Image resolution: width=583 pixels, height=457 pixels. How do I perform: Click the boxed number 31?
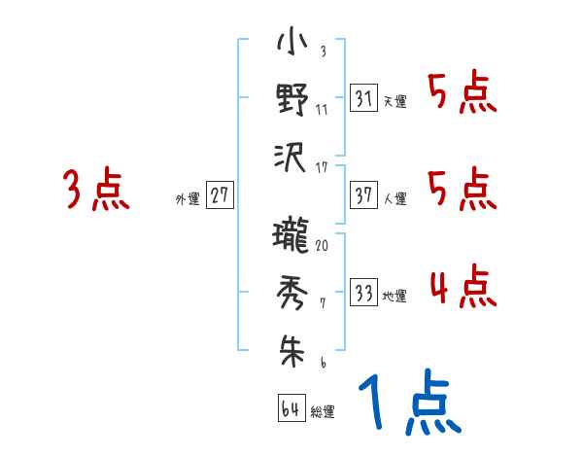point(363,98)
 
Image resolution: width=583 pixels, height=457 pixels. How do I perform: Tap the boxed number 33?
point(363,293)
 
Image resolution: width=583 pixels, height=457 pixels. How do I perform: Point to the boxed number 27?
point(220,196)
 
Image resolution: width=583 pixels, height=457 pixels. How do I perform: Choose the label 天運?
point(394,101)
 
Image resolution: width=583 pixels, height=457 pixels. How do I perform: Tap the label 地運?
point(394,296)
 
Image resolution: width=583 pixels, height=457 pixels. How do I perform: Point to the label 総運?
point(322,411)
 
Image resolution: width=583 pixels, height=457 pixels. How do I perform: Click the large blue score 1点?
point(407,404)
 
